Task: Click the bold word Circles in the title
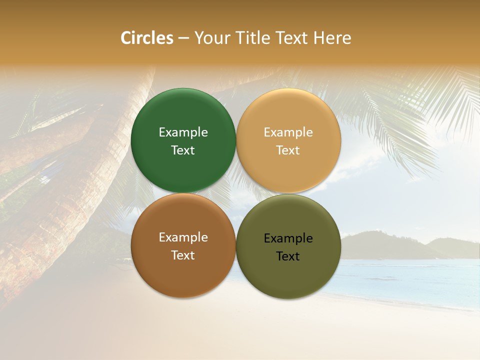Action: point(147,38)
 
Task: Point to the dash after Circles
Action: point(183,38)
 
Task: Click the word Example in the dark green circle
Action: point(183,132)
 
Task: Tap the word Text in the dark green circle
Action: point(183,150)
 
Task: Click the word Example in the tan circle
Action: point(288,132)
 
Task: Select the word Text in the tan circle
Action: point(288,150)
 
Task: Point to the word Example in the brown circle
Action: point(183,237)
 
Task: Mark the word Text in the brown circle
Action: point(183,255)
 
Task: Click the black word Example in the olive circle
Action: point(288,238)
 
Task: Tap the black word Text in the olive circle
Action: point(288,256)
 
